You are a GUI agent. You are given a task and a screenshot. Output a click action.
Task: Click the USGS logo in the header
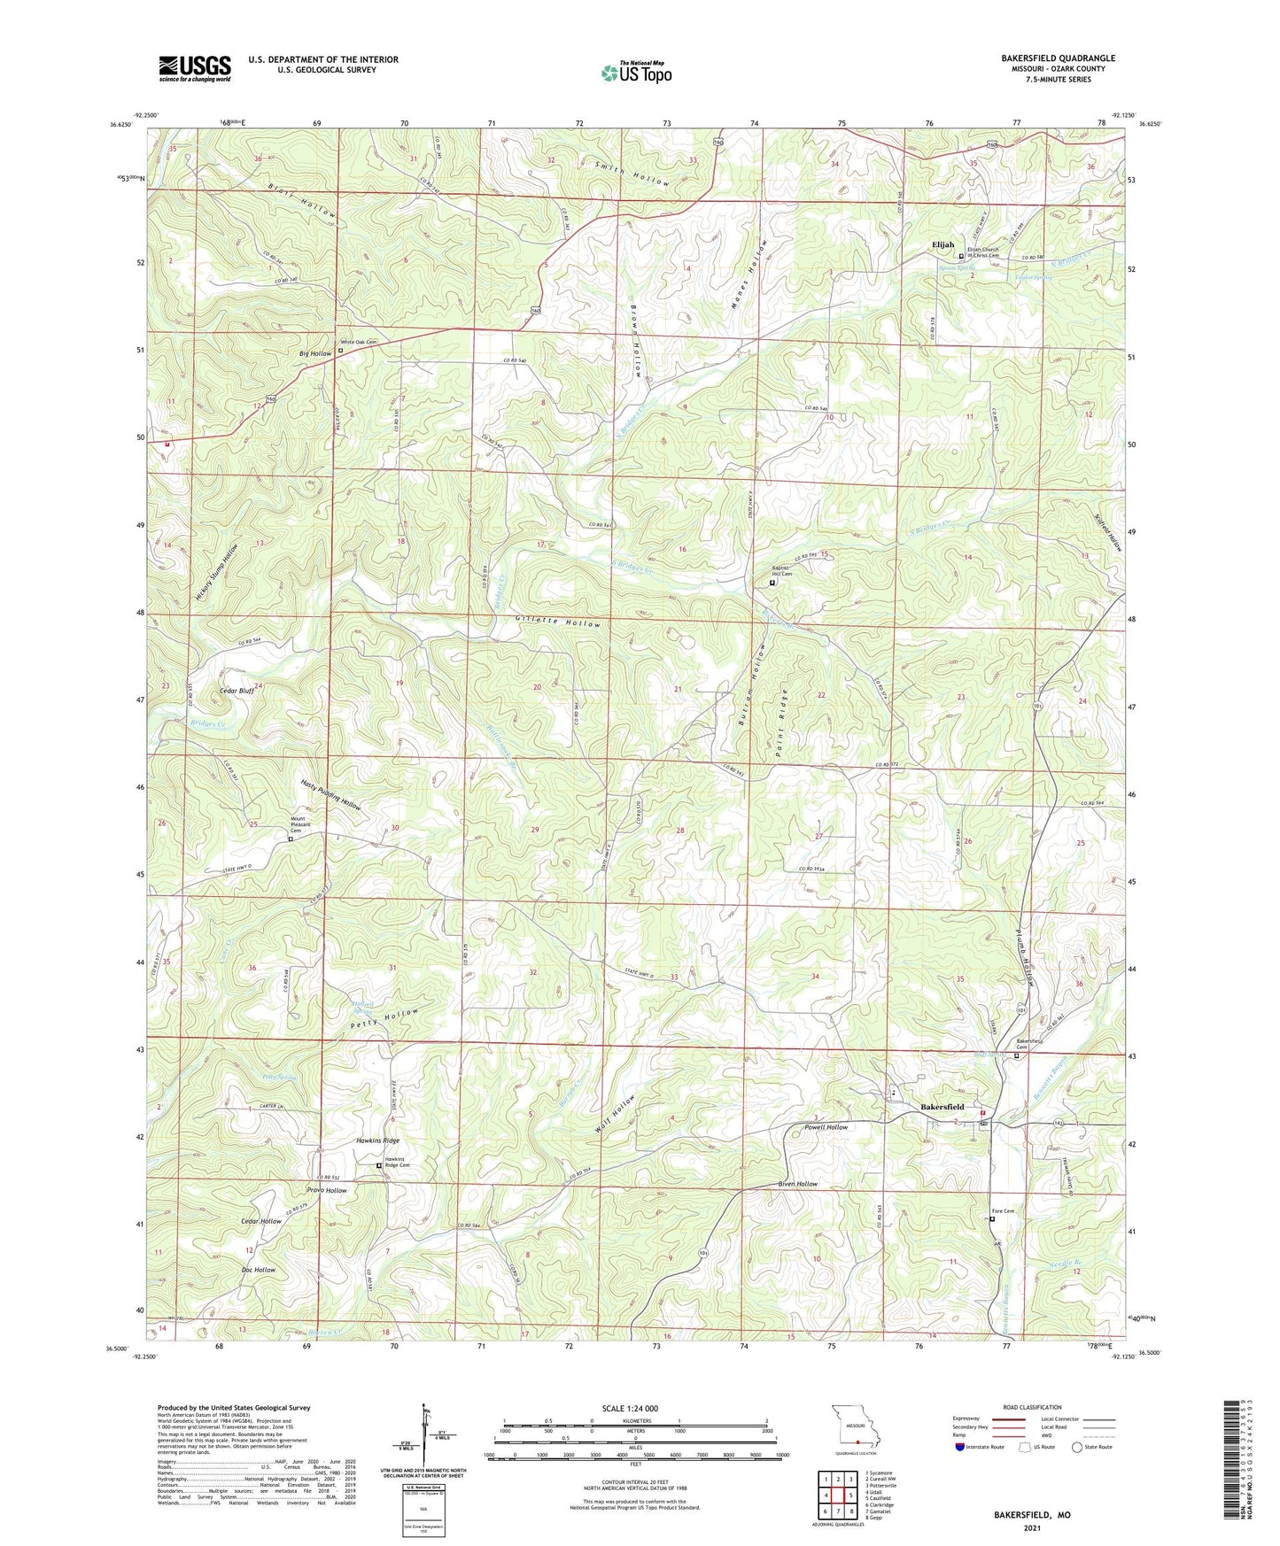195,68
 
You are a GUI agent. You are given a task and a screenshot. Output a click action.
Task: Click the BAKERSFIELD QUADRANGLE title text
1058,58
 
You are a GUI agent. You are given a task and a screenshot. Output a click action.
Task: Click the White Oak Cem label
360,342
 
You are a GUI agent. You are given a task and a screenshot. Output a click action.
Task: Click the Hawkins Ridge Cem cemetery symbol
379,1166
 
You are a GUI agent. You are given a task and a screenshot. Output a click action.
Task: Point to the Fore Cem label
1002,1211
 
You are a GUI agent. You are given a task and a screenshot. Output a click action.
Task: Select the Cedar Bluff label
237,691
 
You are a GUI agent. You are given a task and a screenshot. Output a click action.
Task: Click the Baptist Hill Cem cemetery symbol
771,584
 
